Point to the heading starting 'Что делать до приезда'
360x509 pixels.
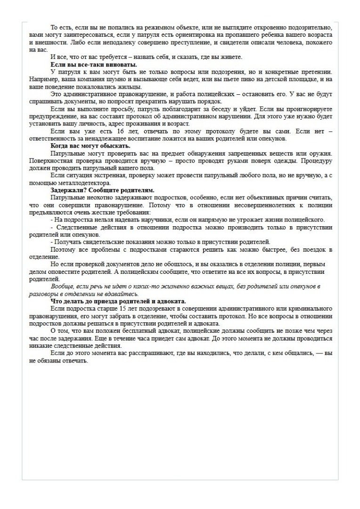point(118,301)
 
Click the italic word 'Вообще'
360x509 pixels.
point(62,287)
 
